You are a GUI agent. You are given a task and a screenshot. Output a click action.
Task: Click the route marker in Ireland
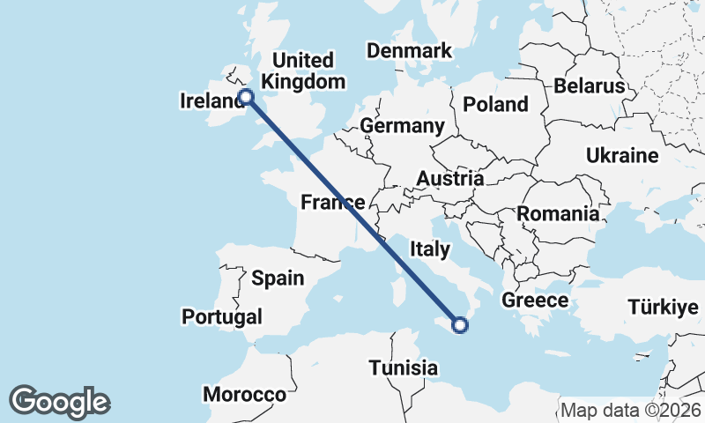(x=247, y=98)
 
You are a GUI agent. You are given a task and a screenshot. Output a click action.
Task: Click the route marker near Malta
(x=459, y=326)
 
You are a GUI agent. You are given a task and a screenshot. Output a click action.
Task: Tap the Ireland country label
(x=211, y=102)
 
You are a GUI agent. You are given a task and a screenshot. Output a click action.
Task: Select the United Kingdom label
(x=303, y=71)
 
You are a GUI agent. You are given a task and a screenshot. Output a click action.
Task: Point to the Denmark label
(x=409, y=51)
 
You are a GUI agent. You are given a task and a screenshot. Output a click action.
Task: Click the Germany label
(x=402, y=126)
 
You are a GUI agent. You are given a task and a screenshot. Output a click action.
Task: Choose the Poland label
(x=496, y=104)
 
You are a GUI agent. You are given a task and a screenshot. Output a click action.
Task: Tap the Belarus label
(x=590, y=86)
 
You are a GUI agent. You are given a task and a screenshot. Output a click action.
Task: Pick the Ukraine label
(x=622, y=156)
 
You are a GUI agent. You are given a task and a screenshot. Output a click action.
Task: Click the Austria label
(x=449, y=179)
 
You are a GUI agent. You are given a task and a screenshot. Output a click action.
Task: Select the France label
(x=332, y=203)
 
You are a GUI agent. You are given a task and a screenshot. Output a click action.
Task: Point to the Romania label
(x=558, y=213)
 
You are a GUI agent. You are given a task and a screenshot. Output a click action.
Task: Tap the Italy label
(x=429, y=250)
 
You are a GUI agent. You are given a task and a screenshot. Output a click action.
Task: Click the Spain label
(x=278, y=278)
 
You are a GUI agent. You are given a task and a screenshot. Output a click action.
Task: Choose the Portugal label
(x=222, y=316)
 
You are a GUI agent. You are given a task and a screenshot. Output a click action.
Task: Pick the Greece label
(x=535, y=301)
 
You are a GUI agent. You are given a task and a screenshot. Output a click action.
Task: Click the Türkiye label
(x=664, y=308)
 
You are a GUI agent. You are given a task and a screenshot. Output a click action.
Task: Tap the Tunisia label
(x=404, y=367)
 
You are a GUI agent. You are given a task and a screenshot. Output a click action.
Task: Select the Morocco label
(x=245, y=394)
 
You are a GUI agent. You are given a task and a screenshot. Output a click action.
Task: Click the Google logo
(x=60, y=401)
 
